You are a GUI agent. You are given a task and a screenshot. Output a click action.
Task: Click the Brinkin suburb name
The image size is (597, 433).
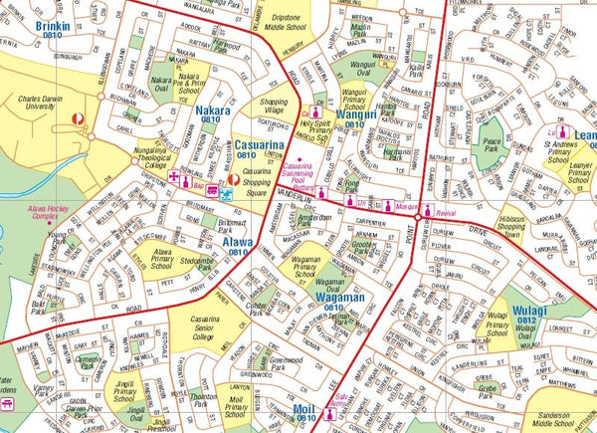coord(52,25)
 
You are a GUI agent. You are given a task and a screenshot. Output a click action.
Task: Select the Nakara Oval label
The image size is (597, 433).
coord(160,83)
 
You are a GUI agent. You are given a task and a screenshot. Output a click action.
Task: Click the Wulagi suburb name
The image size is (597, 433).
coord(536,312)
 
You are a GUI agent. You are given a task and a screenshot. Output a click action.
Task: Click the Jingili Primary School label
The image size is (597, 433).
coord(125,390)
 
